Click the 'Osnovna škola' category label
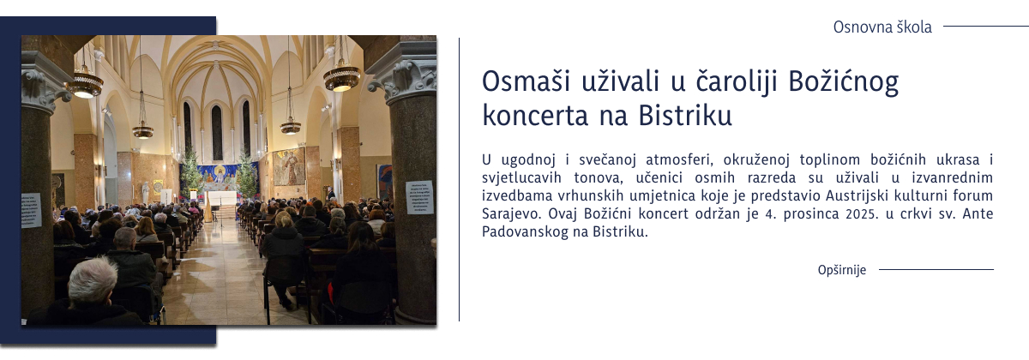point(882,27)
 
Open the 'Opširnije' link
point(842,270)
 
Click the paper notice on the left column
point(32,210)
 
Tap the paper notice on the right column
point(419,197)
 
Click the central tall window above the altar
point(216,132)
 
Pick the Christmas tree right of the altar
point(247,175)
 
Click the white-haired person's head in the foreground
point(92,278)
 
